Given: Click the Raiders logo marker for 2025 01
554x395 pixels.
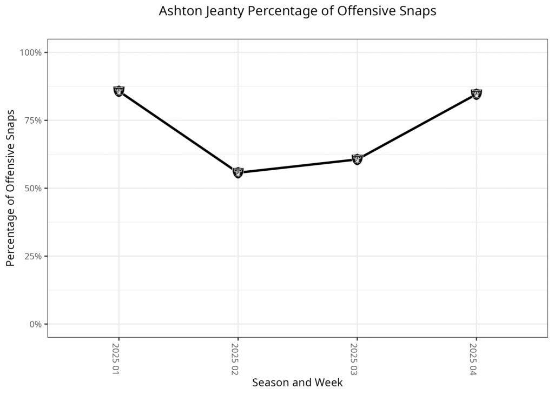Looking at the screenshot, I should [x=119, y=91].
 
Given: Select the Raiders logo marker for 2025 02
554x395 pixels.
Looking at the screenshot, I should [x=238, y=172].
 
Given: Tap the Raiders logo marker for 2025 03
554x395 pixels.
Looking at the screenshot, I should [x=357, y=159].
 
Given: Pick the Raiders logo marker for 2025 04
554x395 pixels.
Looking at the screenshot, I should [x=476, y=94].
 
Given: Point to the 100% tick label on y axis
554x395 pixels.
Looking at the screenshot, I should [x=31, y=52].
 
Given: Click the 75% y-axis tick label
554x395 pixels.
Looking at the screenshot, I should [x=33, y=120].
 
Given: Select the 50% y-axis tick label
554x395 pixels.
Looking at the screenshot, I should [x=33, y=189].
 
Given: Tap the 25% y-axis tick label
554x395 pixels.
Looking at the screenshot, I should [x=33, y=256].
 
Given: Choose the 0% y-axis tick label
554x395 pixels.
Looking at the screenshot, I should [x=35, y=324].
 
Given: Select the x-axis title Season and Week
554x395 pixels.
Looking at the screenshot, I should [x=298, y=383].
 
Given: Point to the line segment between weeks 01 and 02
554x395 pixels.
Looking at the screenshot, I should [x=179, y=132].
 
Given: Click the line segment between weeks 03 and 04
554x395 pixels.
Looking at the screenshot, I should [x=417, y=126].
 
